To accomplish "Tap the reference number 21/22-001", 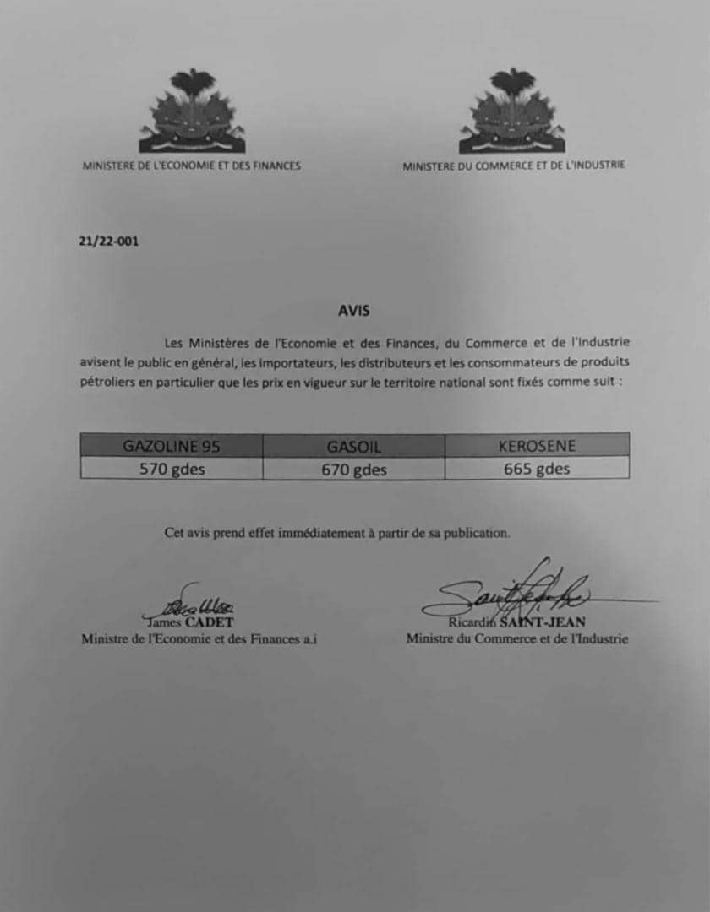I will click(109, 242).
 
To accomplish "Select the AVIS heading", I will click(354, 311).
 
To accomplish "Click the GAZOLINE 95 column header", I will click(172, 445).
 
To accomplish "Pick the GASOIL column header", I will click(354, 445).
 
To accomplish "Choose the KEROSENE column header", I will click(537, 445).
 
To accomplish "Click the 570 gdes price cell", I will click(172, 469).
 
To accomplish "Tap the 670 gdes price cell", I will click(354, 469).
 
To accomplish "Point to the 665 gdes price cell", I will click(537, 469).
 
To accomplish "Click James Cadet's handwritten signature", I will click(189, 602).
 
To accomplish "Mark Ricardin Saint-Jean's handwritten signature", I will click(516, 591).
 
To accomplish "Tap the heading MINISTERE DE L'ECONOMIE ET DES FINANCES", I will click(191, 166).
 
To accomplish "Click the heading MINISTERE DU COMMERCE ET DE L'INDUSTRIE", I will click(514, 166).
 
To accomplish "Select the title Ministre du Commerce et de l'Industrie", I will click(516, 639).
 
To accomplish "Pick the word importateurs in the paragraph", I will click(305, 362).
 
